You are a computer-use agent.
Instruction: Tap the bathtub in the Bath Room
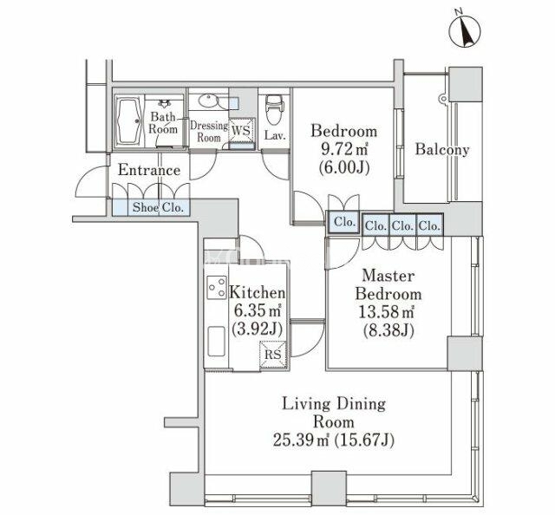[x=128, y=121]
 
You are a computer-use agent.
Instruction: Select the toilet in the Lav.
[x=274, y=109]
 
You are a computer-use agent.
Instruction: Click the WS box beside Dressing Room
[x=241, y=130]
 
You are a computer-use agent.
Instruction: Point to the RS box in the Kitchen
[x=272, y=355]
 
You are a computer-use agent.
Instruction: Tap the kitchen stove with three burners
[x=217, y=287]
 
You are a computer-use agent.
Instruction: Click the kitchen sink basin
[x=216, y=341]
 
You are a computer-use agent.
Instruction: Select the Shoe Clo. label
[x=158, y=207]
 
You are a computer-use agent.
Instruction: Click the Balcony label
[x=442, y=149]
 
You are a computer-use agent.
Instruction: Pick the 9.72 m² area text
[x=344, y=149]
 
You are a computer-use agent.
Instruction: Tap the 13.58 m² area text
[x=386, y=312]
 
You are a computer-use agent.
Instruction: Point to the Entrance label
[x=149, y=170]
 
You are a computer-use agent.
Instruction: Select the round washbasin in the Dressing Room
[x=207, y=101]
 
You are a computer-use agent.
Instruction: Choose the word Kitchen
[x=258, y=293]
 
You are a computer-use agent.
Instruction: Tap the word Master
[x=388, y=276]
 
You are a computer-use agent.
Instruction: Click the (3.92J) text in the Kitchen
[x=257, y=329]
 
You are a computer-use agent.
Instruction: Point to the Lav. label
[x=275, y=135]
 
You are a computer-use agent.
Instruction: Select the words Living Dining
[x=334, y=405]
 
